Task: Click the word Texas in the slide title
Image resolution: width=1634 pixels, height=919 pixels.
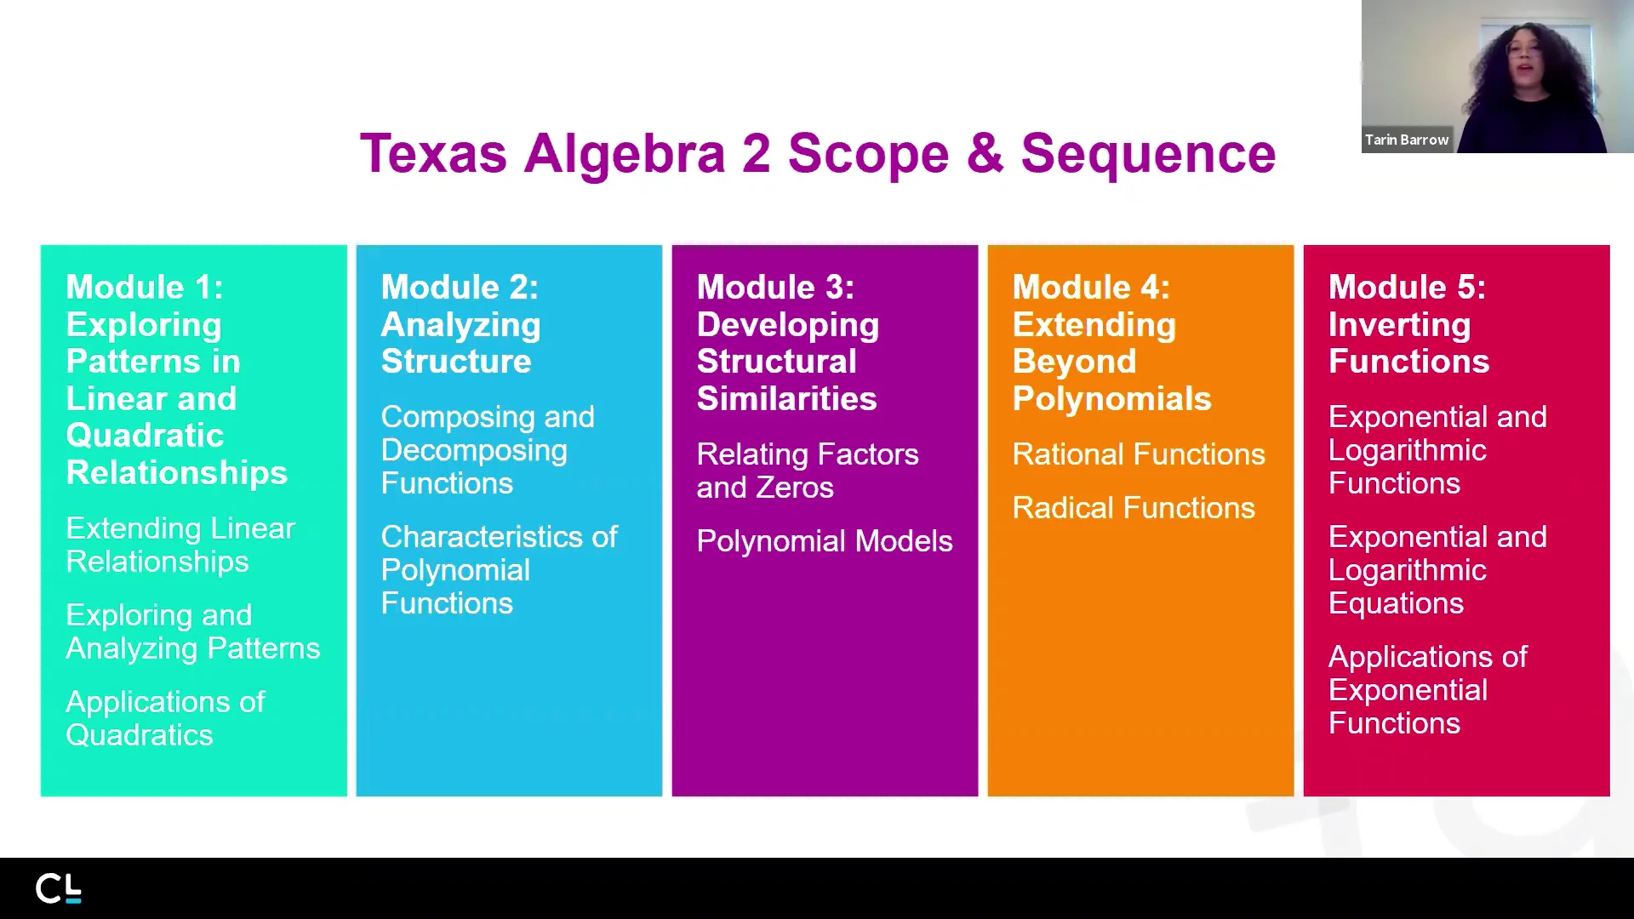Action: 433,154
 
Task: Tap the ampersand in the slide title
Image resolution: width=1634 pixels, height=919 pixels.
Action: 985,154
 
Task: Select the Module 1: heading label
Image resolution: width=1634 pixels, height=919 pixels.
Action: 145,288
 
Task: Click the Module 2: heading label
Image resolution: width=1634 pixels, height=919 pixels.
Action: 460,288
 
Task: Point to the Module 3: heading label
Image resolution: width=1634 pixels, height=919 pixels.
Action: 775,288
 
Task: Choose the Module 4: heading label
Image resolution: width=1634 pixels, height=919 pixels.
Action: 1091,288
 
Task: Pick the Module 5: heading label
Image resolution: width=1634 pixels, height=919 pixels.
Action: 1407,288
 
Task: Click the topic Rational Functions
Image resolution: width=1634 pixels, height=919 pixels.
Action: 1139,454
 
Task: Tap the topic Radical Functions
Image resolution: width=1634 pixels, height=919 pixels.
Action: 1134,508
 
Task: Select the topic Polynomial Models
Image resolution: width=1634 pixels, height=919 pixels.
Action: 825,541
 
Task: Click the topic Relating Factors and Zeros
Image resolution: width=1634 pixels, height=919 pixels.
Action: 807,471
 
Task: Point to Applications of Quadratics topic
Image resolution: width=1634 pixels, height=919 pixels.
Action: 165,718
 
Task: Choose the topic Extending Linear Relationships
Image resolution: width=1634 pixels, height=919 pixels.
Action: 180,545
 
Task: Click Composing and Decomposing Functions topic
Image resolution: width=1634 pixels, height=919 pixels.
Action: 487,450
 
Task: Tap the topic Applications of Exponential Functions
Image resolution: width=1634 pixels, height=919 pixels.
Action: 1427,690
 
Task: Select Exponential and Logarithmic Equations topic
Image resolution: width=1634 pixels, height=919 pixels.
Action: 1437,570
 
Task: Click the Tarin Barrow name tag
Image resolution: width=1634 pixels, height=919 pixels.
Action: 1407,140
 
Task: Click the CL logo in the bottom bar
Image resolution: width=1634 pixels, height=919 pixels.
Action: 59,888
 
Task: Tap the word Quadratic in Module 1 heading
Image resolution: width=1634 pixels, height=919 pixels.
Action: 145,436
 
